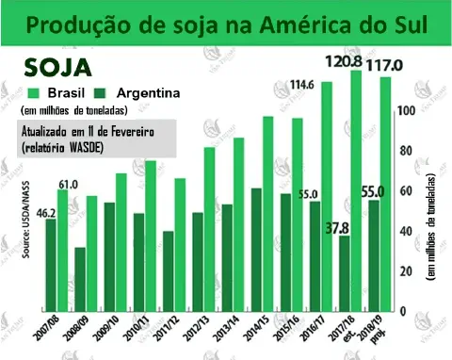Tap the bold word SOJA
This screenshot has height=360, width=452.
(x=57, y=69)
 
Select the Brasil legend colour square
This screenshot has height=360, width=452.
(x=32, y=93)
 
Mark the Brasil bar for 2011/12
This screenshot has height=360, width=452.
(x=180, y=245)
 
